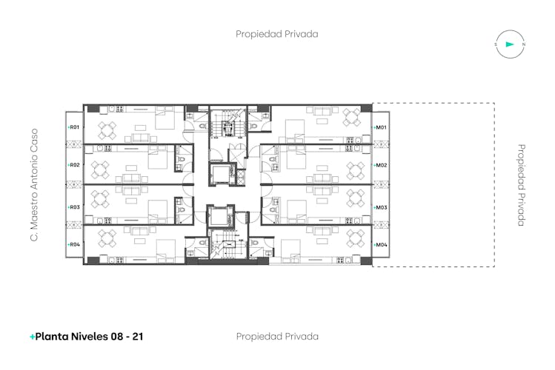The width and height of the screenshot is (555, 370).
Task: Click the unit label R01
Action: pyautogui.click(x=74, y=127)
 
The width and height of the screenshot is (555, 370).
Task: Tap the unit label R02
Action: pyautogui.click(x=75, y=165)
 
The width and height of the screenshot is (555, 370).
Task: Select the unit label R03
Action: pyautogui.click(x=75, y=207)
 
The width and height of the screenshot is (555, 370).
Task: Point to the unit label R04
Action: pyautogui.click(x=75, y=244)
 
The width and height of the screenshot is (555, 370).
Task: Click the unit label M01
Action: pyautogui.click(x=381, y=127)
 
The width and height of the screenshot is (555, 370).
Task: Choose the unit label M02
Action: pyautogui.click(x=381, y=165)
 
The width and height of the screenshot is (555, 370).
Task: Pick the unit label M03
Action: pyautogui.click(x=381, y=207)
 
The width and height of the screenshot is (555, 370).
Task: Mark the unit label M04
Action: pyautogui.click(x=381, y=244)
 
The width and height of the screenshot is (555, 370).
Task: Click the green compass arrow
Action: pyautogui.click(x=510, y=44)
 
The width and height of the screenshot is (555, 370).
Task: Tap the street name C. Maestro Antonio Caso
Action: pyautogui.click(x=34, y=185)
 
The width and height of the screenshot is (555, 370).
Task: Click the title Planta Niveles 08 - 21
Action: pyautogui.click(x=89, y=337)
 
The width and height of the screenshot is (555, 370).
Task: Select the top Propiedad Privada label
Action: pyautogui.click(x=277, y=34)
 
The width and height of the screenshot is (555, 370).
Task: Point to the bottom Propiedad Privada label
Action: pyautogui.click(x=277, y=337)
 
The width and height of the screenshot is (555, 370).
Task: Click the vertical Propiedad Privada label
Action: pyautogui.click(x=521, y=185)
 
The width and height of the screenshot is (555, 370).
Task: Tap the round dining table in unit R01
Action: pyautogui.click(x=107, y=130)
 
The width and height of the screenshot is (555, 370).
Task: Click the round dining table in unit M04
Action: pyautogui.click(x=356, y=238)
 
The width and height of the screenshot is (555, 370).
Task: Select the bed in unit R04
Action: pyautogui.click(x=166, y=251)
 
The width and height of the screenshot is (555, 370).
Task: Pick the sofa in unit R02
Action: pyautogui.click(x=131, y=178)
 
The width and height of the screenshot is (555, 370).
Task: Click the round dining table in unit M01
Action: pyautogui.click(x=351, y=117)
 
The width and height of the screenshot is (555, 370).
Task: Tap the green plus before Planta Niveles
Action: pyautogui.click(x=32, y=337)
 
